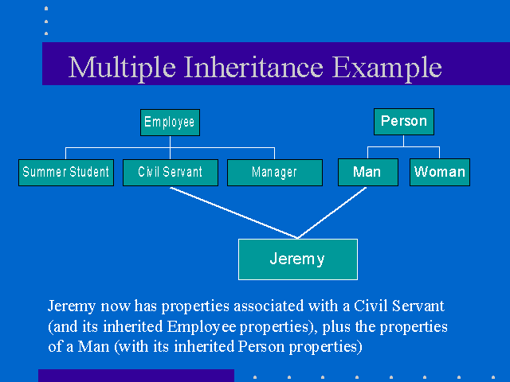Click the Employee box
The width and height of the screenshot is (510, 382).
pos(169,123)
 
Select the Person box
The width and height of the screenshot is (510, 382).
pos(404,121)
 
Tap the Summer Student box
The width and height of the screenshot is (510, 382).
pos(66,173)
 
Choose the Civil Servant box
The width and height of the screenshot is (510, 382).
pos(170,173)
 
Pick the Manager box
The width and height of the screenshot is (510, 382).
pos(274,173)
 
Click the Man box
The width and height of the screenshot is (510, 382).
pos(367,173)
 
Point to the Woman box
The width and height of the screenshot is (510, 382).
pos(439,173)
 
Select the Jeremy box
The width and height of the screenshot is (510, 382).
pos(297,259)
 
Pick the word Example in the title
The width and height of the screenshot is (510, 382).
pos(387,68)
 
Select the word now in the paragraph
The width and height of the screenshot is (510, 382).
pos(110,306)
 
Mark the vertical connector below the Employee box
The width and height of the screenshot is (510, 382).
pos(170,142)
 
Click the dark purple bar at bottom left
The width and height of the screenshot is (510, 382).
pos(135,376)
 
